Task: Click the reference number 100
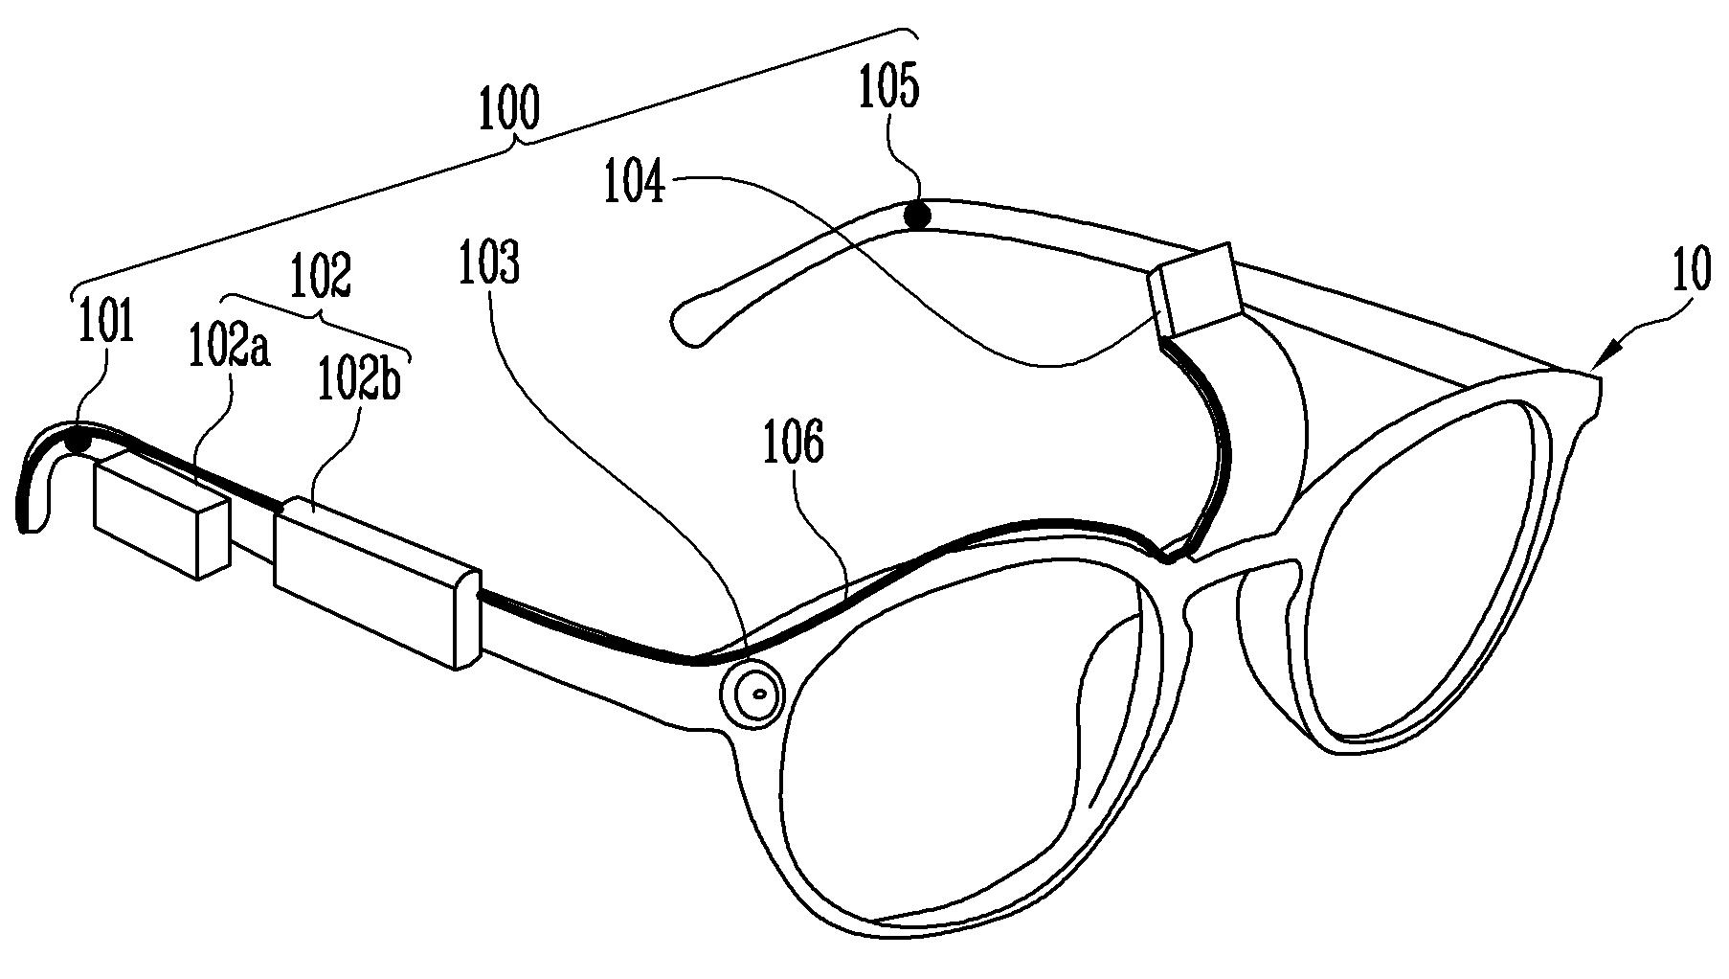coord(508,109)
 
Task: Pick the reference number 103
coord(487,264)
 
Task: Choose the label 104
coord(634,182)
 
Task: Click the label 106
coord(794,445)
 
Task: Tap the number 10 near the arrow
coord(1691,270)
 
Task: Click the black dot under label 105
coord(919,216)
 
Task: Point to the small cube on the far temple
coord(1197,289)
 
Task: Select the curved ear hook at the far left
coord(34,479)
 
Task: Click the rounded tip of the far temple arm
coord(685,323)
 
